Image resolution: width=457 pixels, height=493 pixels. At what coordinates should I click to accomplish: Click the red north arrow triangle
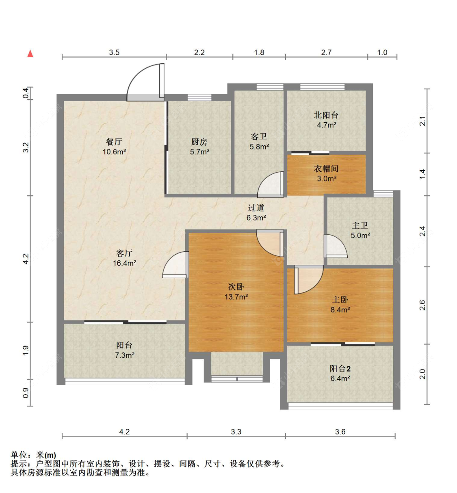click(30, 54)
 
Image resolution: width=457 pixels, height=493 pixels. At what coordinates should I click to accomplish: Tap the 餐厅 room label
click(114, 142)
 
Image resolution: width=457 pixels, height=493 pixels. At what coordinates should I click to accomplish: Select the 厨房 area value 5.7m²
click(200, 151)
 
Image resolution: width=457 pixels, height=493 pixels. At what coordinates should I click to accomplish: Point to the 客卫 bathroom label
click(259, 136)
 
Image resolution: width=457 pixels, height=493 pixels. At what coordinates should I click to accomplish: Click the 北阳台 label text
click(326, 115)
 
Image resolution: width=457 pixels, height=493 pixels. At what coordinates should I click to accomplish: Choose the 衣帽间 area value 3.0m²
click(327, 179)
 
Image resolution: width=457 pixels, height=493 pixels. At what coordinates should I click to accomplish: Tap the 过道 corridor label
click(256, 208)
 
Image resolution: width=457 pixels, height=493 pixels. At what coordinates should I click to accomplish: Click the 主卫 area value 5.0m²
click(360, 235)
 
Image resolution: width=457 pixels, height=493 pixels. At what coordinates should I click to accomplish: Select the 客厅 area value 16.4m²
click(125, 263)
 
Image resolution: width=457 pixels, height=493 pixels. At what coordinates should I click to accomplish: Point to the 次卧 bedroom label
click(236, 287)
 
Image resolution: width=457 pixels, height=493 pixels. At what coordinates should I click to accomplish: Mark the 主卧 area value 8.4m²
click(340, 309)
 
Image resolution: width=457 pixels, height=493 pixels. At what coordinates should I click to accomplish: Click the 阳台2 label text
click(340, 369)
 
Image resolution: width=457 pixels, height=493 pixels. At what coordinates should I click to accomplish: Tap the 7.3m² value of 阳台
click(125, 355)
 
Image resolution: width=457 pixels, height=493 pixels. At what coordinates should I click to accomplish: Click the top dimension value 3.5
click(114, 53)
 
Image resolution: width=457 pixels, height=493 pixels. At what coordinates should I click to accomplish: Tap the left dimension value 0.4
click(26, 93)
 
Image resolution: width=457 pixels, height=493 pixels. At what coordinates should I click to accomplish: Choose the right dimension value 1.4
click(422, 174)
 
